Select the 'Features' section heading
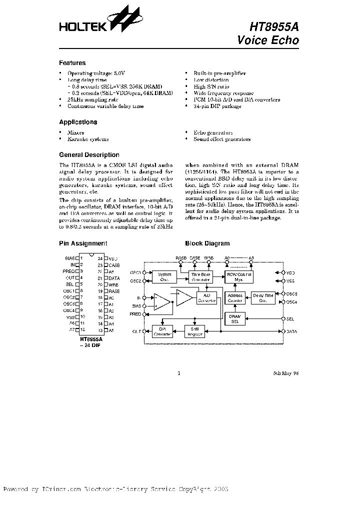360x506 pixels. click(x=72, y=63)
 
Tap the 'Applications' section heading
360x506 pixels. click(x=78, y=122)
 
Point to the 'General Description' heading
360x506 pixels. click(x=89, y=155)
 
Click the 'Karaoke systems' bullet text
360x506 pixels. click(x=87, y=139)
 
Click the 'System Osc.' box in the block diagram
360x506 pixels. click(x=164, y=277)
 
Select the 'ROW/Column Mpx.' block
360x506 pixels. click(x=239, y=277)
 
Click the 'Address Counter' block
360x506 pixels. click(x=235, y=298)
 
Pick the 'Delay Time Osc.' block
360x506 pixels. click(x=262, y=298)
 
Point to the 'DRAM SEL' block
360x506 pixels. click(x=235, y=318)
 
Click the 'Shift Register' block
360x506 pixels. click(x=196, y=331)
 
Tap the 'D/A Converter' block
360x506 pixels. click(x=162, y=331)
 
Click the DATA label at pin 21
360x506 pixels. click(x=114, y=278)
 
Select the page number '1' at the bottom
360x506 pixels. click(x=178, y=373)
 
